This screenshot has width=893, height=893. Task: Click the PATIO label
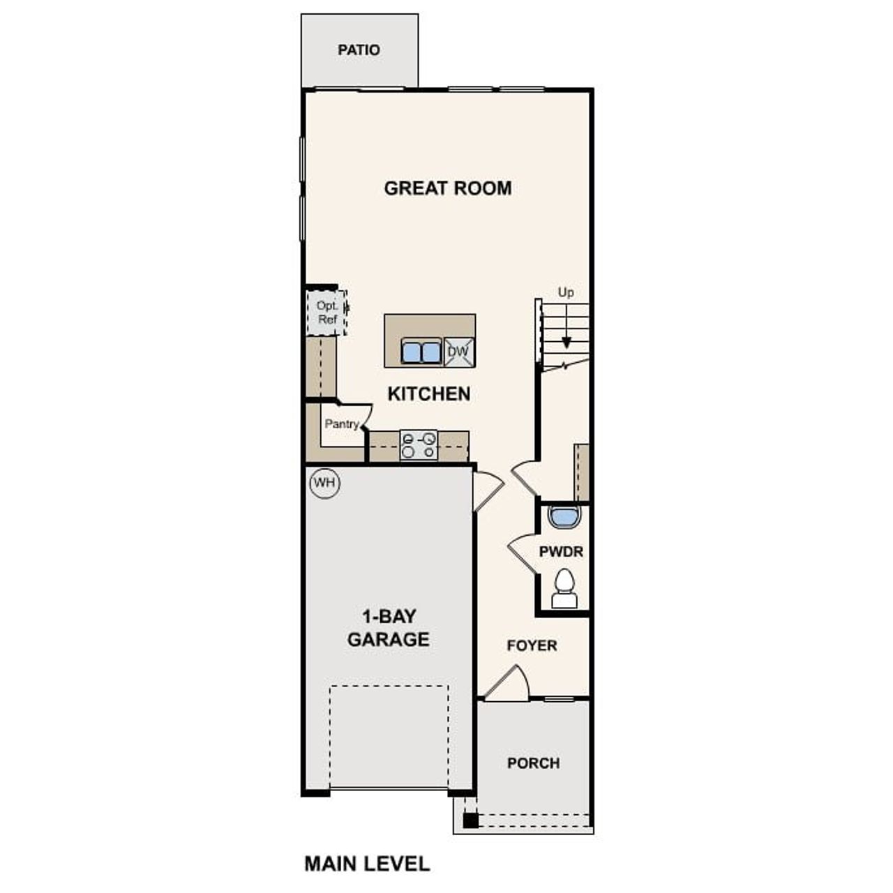point(359,50)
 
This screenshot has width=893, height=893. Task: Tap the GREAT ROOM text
point(447,188)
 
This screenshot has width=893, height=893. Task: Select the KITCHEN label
point(428,394)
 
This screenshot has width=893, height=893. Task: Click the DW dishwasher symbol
point(458,352)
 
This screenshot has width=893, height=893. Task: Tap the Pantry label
point(341,424)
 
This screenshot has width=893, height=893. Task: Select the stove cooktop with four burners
point(419,445)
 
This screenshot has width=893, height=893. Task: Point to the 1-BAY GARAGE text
point(388,628)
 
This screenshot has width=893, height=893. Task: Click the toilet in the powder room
point(564,590)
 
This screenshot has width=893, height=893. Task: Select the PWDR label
point(561,552)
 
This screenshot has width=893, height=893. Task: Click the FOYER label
point(532,646)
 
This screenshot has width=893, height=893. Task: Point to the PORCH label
point(533,763)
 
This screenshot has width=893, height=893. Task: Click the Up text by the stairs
point(566,292)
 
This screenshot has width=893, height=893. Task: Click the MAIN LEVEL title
point(367,864)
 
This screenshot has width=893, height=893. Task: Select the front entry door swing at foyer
point(509,684)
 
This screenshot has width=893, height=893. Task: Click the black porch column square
point(471,820)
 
